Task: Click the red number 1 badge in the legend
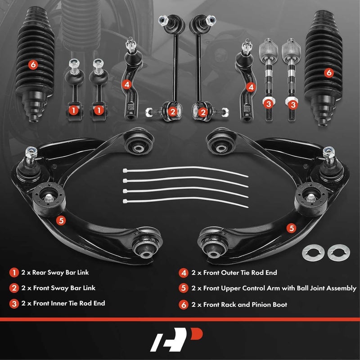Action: [14, 272]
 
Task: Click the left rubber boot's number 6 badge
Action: [32, 64]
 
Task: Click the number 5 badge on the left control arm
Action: [60, 220]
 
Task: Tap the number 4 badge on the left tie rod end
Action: [127, 83]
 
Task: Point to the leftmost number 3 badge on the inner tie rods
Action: [268, 104]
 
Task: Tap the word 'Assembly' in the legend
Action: [341, 288]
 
